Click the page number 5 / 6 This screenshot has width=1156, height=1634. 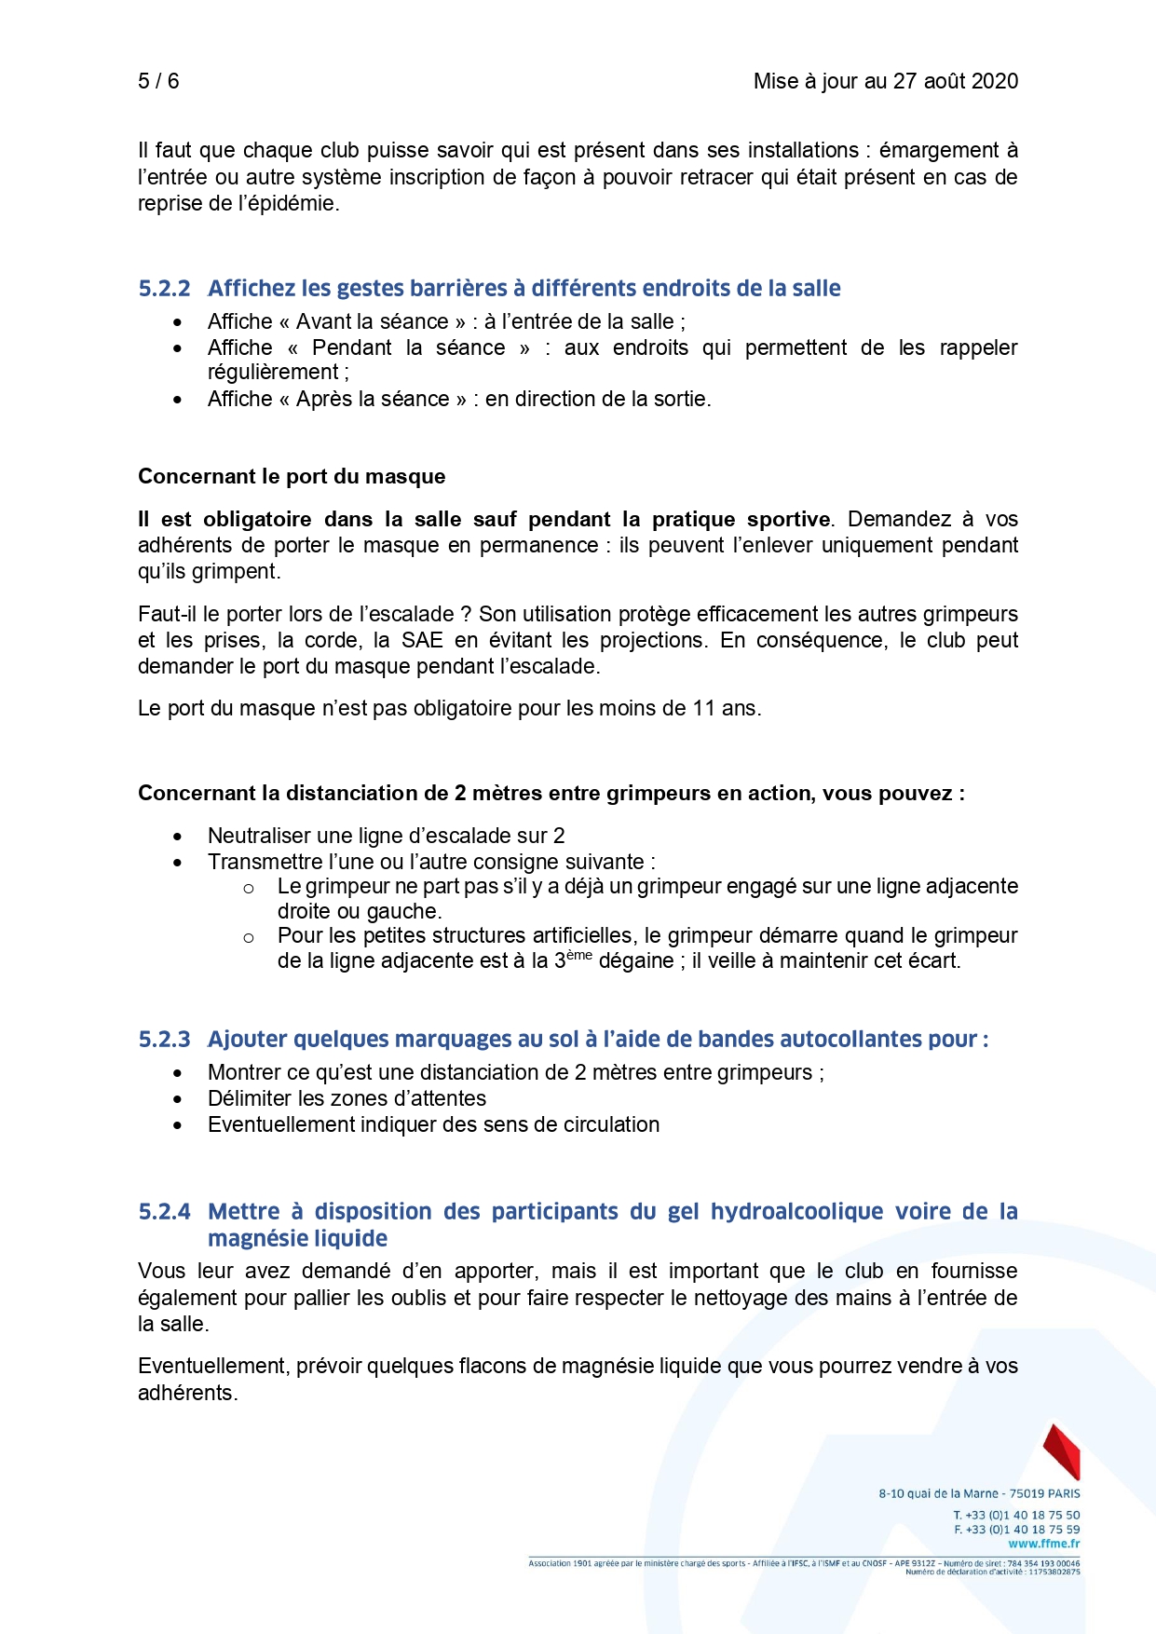pyautogui.click(x=158, y=81)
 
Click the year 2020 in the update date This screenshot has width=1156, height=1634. pyautogui.click(x=993, y=81)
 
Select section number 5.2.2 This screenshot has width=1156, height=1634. pyautogui.click(x=164, y=289)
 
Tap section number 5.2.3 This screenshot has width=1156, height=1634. pyautogui.click(x=164, y=1040)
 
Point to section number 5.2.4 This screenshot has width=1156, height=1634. pyautogui.click(x=164, y=1212)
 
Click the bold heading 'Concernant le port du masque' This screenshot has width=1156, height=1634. pyautogui.click(x=292, y=477)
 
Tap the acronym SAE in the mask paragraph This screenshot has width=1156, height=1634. pyautogui.click(x=422, y=641)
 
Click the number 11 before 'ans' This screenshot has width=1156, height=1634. pyautogui.click(x=703, y=709)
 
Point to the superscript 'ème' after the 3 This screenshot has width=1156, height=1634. pyautogui.click(x=578, y=955)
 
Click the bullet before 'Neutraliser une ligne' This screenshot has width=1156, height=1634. pyautogui.click(x=178, y=837)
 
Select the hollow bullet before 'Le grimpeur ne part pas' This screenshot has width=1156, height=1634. pyautogui.click(x=249, y=889)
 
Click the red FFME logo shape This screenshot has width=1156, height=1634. pyautogui.click(x=1062, y=1450)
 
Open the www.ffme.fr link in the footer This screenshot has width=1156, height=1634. pyautogui.click(x=1044, y=1544)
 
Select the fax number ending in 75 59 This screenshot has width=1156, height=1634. pyautogui.click(x=1017, y=1530)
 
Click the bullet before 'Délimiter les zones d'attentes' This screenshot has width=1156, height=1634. pyautogui.click(x=178, y=1099)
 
